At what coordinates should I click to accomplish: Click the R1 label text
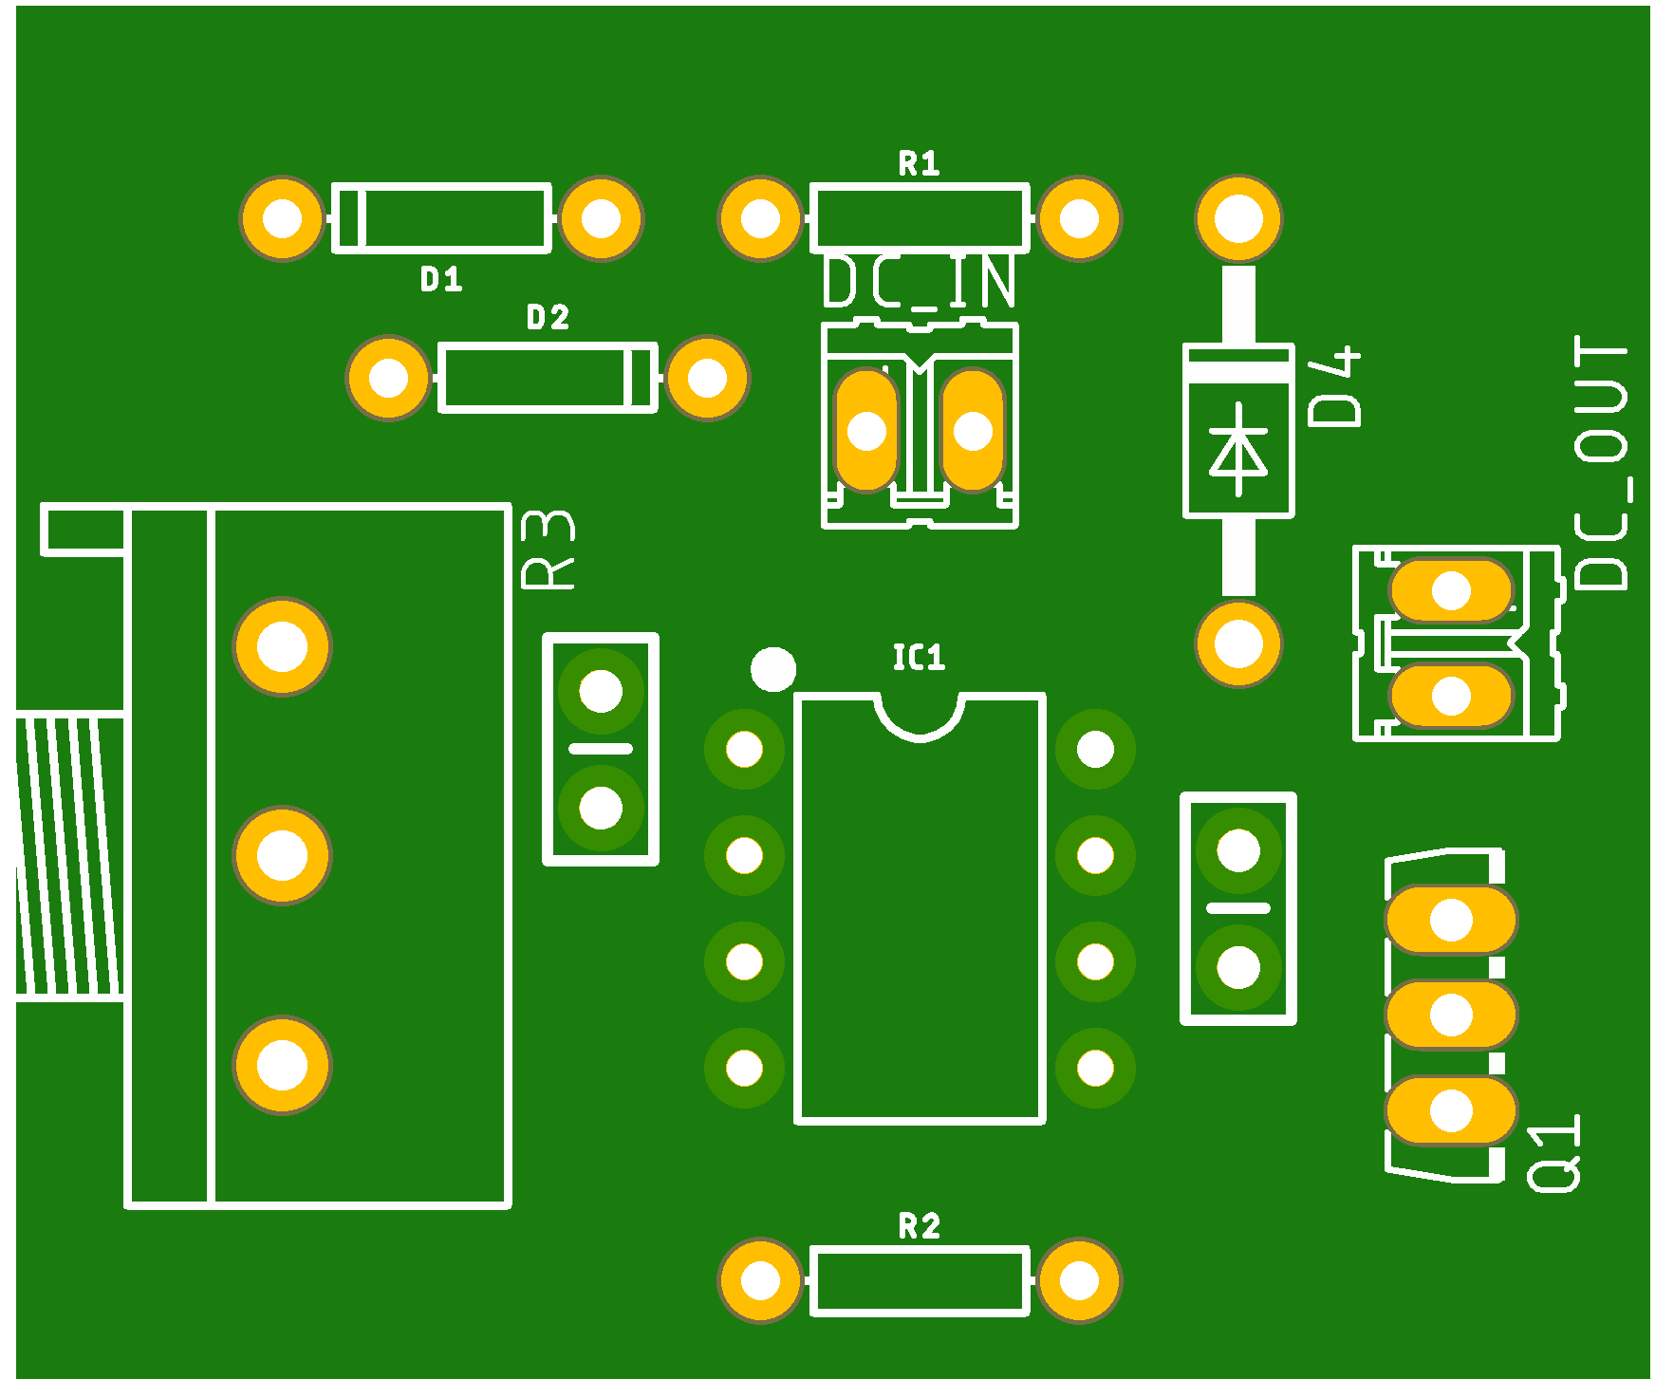(x=919, y=164)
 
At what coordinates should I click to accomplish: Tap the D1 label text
(x=441, y=279)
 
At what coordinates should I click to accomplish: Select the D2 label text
(x=548, y=318)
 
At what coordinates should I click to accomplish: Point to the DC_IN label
(x=919, y=282)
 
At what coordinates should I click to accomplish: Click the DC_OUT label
(x=1602, y=463)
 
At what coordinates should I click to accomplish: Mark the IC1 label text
(x=919, y=658)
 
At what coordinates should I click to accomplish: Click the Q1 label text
(x=1553, y=1152)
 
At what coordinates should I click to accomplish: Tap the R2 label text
(x=919, y=1227)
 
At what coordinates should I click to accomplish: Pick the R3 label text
(x=549, y=550)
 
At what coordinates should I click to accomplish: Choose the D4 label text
(x=1334, y=386)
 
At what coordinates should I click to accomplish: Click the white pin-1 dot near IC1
(x=772, y=669)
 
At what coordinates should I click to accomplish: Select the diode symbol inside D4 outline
(x=1238, y=450)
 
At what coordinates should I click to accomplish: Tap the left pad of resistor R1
(x=760, y=218)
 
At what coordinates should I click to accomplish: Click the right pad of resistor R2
(x=1079, y=1280)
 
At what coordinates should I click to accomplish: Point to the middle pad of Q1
(x=1451, y=1016)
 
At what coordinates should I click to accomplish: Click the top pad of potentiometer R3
(x=282, y=647)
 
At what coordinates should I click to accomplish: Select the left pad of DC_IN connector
(x=866, y=431)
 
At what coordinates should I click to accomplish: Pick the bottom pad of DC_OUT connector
(x=1451, y=696)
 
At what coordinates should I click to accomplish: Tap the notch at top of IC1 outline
(x=920, y=716)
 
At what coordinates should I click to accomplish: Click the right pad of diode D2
(x=707, y=378)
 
